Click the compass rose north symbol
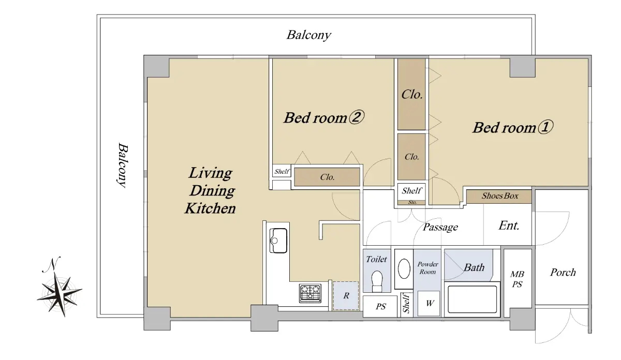[59, 288]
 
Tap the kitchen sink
[278, 241]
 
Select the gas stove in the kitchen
[310, 293]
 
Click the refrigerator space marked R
[346, 296]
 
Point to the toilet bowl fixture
[377, 281]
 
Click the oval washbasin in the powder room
[404, 268]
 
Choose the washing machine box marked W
[428, 303]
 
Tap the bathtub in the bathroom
[472, 299]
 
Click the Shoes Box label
[500, 196]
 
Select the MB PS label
[517, 279]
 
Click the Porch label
[563, 273]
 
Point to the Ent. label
[509, 226]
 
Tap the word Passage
[440, 227]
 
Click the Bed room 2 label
[324, 117]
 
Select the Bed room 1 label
[513, 127]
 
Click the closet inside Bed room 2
[327, 177]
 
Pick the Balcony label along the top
[308, 35]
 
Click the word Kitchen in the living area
[210, 208]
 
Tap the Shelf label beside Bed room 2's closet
[282, 172]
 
